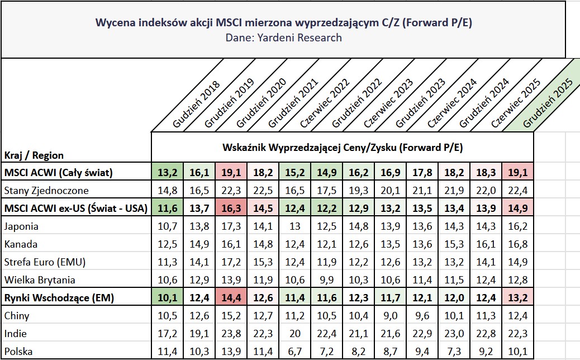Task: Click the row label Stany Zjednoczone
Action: tap(46, 191)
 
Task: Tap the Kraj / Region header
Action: tap(34, 155)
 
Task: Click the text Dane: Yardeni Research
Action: tap(283, 38)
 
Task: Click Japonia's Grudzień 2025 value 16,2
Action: tap(517, 226)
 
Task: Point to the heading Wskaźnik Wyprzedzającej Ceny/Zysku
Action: tap(343, 148)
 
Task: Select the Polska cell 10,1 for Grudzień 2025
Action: tap(517, 352)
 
